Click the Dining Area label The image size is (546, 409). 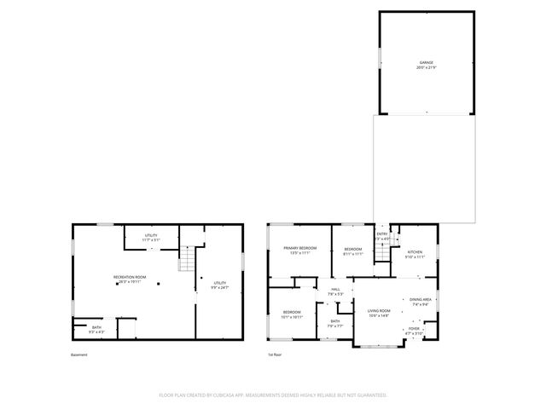click(420, 301)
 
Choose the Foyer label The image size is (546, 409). click(414, 330)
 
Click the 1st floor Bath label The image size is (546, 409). click(334, 323)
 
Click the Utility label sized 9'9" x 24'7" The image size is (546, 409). click(219, 285)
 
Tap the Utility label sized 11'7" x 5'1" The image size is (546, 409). click(151, 237)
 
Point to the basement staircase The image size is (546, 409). click(187, 259)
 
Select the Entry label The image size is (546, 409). click(382, 236)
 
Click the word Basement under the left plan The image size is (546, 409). click(78, 355)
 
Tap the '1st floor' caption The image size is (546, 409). click(275, 355)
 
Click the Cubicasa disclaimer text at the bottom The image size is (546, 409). click(273, 395)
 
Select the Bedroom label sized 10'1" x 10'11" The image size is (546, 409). click(292, 314)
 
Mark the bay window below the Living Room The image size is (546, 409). click(377, 346)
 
